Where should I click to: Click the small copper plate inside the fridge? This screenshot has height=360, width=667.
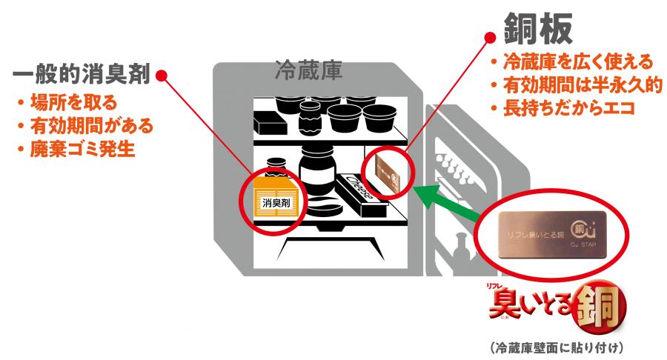point(385,172)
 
